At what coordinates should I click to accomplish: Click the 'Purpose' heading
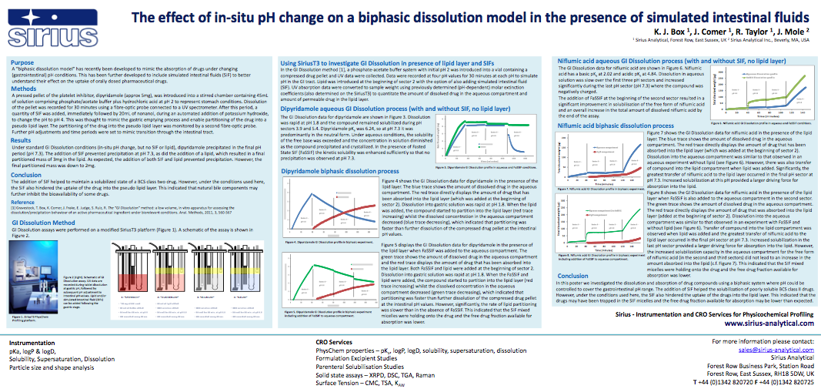click(23, 62)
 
